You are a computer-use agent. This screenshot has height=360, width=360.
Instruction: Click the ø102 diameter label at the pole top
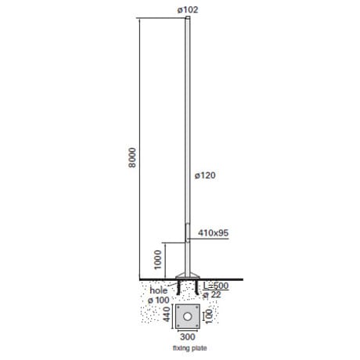click(188, 9)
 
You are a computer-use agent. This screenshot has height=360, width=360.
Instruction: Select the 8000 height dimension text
click(132, 157)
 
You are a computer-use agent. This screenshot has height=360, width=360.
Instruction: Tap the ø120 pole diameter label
click(205, 175)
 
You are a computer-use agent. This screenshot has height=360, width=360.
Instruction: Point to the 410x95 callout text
click(213, 232)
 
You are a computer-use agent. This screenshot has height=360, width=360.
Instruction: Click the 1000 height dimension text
click(158, 260)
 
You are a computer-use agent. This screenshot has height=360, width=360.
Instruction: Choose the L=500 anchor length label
click(216, 286)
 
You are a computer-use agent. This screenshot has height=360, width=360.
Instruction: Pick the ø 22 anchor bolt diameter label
click(212, 295)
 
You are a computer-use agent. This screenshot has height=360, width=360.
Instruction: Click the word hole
click(159, 290)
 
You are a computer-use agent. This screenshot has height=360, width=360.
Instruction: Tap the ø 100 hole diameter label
click(159, 300)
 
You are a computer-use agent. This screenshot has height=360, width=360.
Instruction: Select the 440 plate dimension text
click(167, 315)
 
